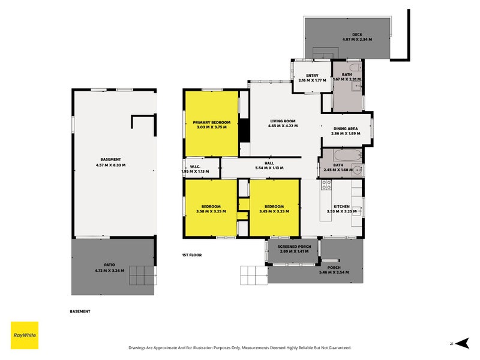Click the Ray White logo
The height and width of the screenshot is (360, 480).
(25, 335)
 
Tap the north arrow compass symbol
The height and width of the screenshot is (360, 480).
(462, 343)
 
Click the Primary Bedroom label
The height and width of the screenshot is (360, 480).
(212, 122)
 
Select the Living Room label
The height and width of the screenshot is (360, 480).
(283, 121)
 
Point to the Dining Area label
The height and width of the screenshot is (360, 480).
(346, 128)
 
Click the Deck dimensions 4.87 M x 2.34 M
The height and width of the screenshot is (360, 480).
(357, 40)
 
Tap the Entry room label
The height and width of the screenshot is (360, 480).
(312, 76)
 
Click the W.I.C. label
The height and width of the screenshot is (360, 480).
(195, 167)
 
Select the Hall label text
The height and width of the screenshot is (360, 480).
(269, 163)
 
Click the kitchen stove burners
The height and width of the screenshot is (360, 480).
(326, 185)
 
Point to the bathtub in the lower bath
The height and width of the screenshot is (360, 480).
(348, 155)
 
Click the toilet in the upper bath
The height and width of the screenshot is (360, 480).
(355, 67)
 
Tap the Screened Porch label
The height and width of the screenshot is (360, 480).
(294, 247)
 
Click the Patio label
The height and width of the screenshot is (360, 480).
(110, 265)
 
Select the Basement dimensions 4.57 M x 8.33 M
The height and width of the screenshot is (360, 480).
(110, 166)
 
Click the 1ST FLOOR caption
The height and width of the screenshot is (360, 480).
(192, 255)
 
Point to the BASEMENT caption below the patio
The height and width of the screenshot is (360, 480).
(80, 311)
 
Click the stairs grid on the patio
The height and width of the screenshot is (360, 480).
(143, 275)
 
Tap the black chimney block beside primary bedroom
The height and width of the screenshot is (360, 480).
(244, 131)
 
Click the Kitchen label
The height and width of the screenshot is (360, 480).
(341, 206)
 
